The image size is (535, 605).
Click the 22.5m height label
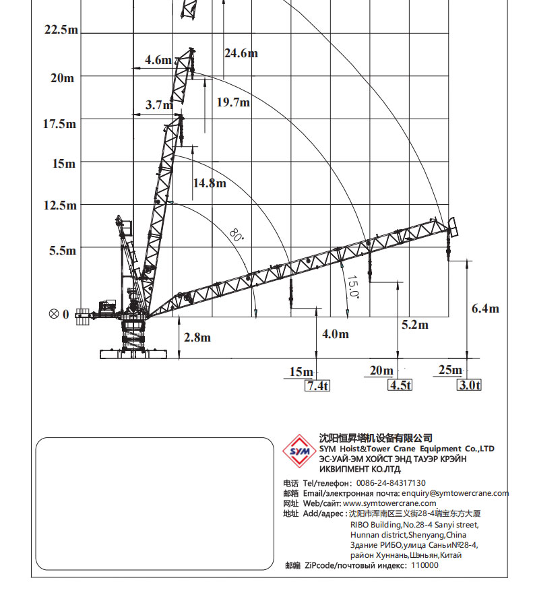coord(61,30)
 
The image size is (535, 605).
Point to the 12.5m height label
coord(61,205)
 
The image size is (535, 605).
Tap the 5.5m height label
coord(63,251)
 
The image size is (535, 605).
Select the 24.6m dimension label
coord(241,53)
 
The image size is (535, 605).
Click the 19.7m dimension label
coord(233,102)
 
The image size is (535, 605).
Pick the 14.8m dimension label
coord(210,183)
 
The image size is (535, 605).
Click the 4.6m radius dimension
coord(158,60)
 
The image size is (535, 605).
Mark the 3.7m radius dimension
coord(158,105)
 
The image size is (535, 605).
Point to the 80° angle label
coord(236,235)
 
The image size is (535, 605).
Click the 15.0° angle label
coord(353,286)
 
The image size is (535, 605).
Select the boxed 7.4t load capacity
coord(318,385)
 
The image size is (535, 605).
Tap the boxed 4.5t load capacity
coord(400,385)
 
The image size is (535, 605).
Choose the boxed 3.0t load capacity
coord(470,385)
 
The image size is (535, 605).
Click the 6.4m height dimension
coord(485,309)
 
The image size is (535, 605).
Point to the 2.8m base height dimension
coord(197,338)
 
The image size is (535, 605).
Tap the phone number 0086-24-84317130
coord(391,483)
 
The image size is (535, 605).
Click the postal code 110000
coord(424,565)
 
